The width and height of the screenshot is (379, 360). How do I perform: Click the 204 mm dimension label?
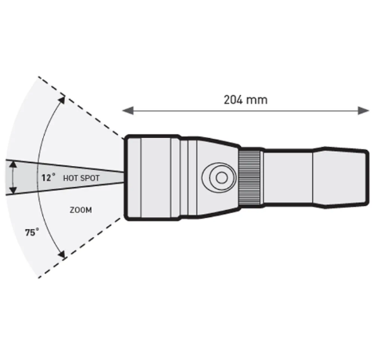245,100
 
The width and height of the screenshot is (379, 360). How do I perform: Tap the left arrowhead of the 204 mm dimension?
128,110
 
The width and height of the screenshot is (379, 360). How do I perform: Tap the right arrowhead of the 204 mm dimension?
364,110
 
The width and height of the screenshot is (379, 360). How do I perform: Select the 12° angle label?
48,177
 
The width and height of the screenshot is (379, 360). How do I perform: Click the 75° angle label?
32,232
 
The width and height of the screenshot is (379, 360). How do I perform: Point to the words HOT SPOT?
81,178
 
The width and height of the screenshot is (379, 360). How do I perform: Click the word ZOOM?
81,210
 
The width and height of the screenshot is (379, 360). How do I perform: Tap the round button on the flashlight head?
219,177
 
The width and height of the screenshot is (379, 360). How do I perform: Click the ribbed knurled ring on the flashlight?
250,177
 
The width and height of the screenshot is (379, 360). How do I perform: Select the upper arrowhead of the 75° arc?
61,100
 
